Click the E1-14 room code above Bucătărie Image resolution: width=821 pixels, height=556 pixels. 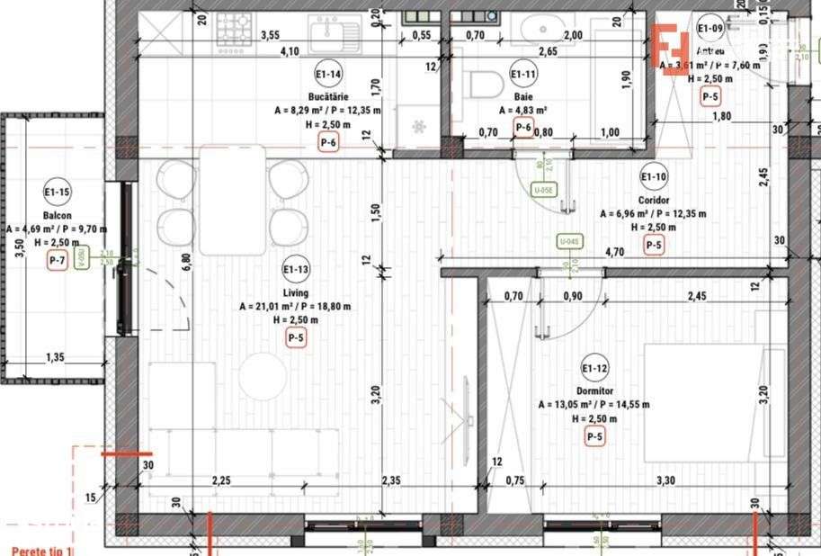tap(327, 75)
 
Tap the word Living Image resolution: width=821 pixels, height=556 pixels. tap(295, 292)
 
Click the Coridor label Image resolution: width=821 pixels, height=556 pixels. tap(654, 201)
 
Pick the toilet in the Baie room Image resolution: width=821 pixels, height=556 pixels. tap(486, 85)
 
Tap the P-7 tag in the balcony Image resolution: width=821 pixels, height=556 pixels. tap(58, 262)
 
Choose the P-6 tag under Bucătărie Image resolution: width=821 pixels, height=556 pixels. tap(328, 142)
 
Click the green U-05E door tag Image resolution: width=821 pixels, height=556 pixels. tap(543, 191)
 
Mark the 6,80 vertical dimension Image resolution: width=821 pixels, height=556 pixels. tap(186, 261)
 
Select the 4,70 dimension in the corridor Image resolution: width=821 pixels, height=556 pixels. tap(615, 252)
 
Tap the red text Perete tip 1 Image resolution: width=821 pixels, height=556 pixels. tap(40, 551)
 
